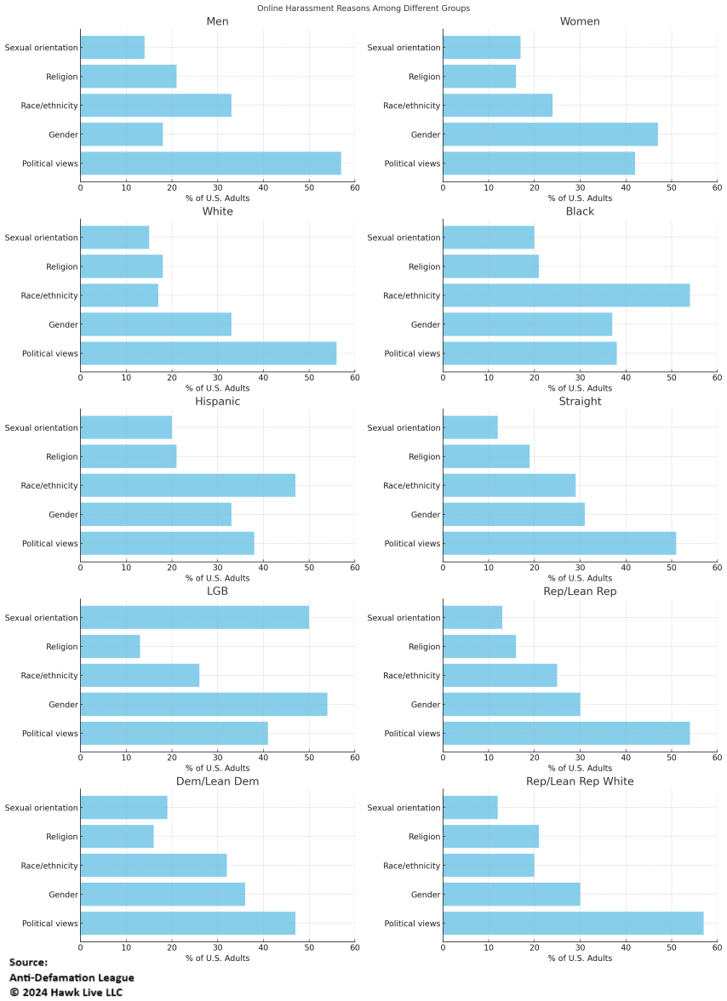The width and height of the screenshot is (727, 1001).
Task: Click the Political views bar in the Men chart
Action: (x=210, y=163)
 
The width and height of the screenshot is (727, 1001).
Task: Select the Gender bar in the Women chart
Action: (x=550, y=134)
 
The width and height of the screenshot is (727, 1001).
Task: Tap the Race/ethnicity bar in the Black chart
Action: (x=566, y=295)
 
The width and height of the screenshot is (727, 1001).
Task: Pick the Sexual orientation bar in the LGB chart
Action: (x=194, y=618)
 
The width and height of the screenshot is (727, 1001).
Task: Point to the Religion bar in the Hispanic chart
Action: (x=129, y=457)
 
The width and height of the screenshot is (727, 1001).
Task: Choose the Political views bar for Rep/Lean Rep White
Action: (x=573, y=924)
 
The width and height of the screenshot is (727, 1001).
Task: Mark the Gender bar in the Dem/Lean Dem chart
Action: (x=163, y=895)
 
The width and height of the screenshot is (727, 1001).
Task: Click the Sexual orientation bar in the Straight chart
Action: (x=470, y=428)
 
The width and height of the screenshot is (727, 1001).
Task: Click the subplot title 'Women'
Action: (x=580, y=21)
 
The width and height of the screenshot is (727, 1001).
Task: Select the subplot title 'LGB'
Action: (x=217, y=592)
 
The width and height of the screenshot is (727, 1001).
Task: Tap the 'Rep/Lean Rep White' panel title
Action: (x=580, y=781)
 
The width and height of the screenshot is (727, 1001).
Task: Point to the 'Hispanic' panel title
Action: (x=217, y=401)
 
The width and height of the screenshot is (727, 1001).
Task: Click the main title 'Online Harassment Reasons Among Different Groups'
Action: (x=363, y=8)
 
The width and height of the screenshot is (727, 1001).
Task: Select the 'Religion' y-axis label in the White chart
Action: (x=62, y=266)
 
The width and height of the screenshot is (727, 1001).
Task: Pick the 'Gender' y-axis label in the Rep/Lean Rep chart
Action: (x=426, y=705)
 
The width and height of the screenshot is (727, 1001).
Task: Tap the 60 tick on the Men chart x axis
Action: (x=354, y=187)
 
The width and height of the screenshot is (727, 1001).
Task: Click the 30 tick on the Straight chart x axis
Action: (x=580, y=567)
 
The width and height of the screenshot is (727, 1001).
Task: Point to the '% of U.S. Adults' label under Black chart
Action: (x=580, y=387)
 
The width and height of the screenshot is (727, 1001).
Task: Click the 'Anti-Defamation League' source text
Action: (x=72, y=977)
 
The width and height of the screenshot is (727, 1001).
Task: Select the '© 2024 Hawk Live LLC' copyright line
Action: (x=66, y=992)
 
